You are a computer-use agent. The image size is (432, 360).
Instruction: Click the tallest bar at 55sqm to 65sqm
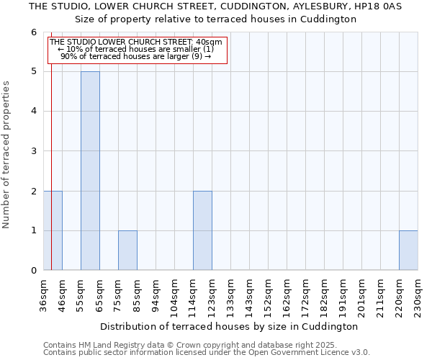(x=90, y=171)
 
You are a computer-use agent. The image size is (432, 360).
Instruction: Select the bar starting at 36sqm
(x=53, y=230)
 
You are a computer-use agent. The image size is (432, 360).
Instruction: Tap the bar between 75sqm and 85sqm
(x=127, y=251)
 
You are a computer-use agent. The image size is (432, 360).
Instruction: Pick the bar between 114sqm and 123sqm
(x=202, y=230)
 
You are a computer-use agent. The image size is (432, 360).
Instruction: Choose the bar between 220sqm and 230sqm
(x=408, y=251)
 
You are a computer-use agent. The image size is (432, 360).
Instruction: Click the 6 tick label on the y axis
(x=33, y=32)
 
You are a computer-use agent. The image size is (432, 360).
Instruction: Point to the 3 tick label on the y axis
(x=33, y=151)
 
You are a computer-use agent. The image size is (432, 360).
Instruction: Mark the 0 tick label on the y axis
(x=33, y=271)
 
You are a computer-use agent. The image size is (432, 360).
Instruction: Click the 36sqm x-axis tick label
(x=43, y=295)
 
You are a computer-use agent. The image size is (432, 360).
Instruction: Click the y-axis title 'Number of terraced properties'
(x=6, y=155)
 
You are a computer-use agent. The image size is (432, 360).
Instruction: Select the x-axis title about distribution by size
(x=229, y=326)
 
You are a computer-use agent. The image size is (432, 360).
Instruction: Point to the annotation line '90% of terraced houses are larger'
(x=137, y=56)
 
